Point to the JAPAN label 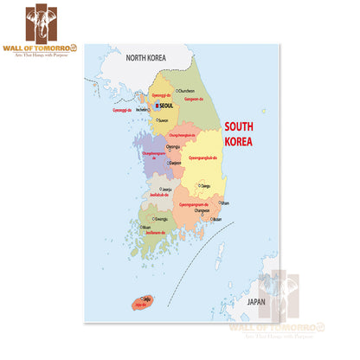[255, 302]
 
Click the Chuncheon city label [187, 89]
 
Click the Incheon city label [143, 110]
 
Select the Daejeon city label [175, 162]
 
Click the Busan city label [217, 219]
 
